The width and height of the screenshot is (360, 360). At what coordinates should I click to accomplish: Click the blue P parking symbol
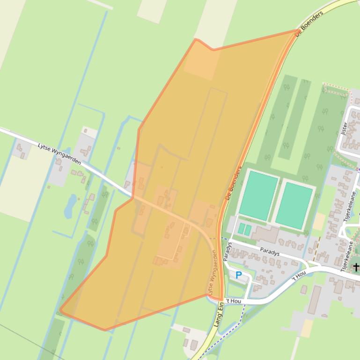tap(239, 275)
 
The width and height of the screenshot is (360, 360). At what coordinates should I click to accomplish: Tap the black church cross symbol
tap(356, 267)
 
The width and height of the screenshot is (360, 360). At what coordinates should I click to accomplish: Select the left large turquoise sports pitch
tap(258, 195)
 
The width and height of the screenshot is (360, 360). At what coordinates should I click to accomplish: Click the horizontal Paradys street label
tap(270, 252)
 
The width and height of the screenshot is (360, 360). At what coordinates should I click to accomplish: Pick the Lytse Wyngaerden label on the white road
tap(59, 154)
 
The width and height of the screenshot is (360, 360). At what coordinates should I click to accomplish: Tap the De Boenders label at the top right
tap(310, 23)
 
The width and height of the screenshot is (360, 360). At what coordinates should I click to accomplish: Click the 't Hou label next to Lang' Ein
tap(233, 301)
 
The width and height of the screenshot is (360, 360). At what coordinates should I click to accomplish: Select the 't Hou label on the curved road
tap(298, 275)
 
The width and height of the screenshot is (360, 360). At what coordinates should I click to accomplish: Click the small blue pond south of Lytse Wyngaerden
tap(71, 206)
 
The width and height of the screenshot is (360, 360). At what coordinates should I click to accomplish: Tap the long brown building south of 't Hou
tap(314, 300)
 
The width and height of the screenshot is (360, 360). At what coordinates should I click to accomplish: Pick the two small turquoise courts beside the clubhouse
tap(244, 229)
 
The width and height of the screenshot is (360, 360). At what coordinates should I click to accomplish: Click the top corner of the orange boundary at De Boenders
tap(296, 31)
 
